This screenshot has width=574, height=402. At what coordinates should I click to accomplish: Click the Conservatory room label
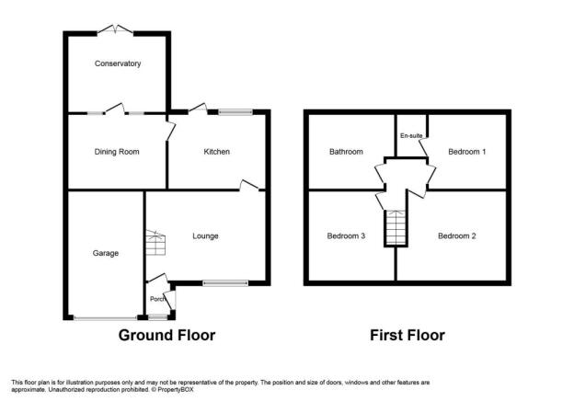tap(118, 63)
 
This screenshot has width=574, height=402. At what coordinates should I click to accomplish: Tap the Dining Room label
tap(117, 152)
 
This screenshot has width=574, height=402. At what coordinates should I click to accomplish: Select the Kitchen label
tap(217, 152)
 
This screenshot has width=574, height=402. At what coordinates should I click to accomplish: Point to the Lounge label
tap(205, 236)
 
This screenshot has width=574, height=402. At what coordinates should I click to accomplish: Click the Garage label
tap(106, 253)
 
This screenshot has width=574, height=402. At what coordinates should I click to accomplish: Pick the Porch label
tap(157, 299)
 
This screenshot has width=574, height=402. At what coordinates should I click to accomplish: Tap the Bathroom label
tap(346, 152)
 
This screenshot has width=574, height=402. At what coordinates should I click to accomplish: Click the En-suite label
tap(411, 136)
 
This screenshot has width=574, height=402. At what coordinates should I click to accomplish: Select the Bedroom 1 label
tap(467, 152)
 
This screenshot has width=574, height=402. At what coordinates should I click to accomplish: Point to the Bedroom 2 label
tap(457, 236)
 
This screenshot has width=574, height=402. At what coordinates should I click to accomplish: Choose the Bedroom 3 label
tap(346, 236)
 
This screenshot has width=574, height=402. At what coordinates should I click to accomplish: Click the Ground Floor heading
tap(166, 336)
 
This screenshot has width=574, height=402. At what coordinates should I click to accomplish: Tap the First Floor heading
tap(408, 336)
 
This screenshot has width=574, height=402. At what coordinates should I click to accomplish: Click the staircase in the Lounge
tap(156, 243)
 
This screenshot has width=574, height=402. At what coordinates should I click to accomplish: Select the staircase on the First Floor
tap(396, 227)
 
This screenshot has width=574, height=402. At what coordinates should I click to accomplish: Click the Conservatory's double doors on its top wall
tap(115, 30)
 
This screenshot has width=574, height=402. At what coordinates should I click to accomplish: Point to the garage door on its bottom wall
tap(106, 318)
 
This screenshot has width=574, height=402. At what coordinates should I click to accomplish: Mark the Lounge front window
tap(225, 283)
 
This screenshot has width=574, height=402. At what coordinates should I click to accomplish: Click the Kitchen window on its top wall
tap(235, 112)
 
